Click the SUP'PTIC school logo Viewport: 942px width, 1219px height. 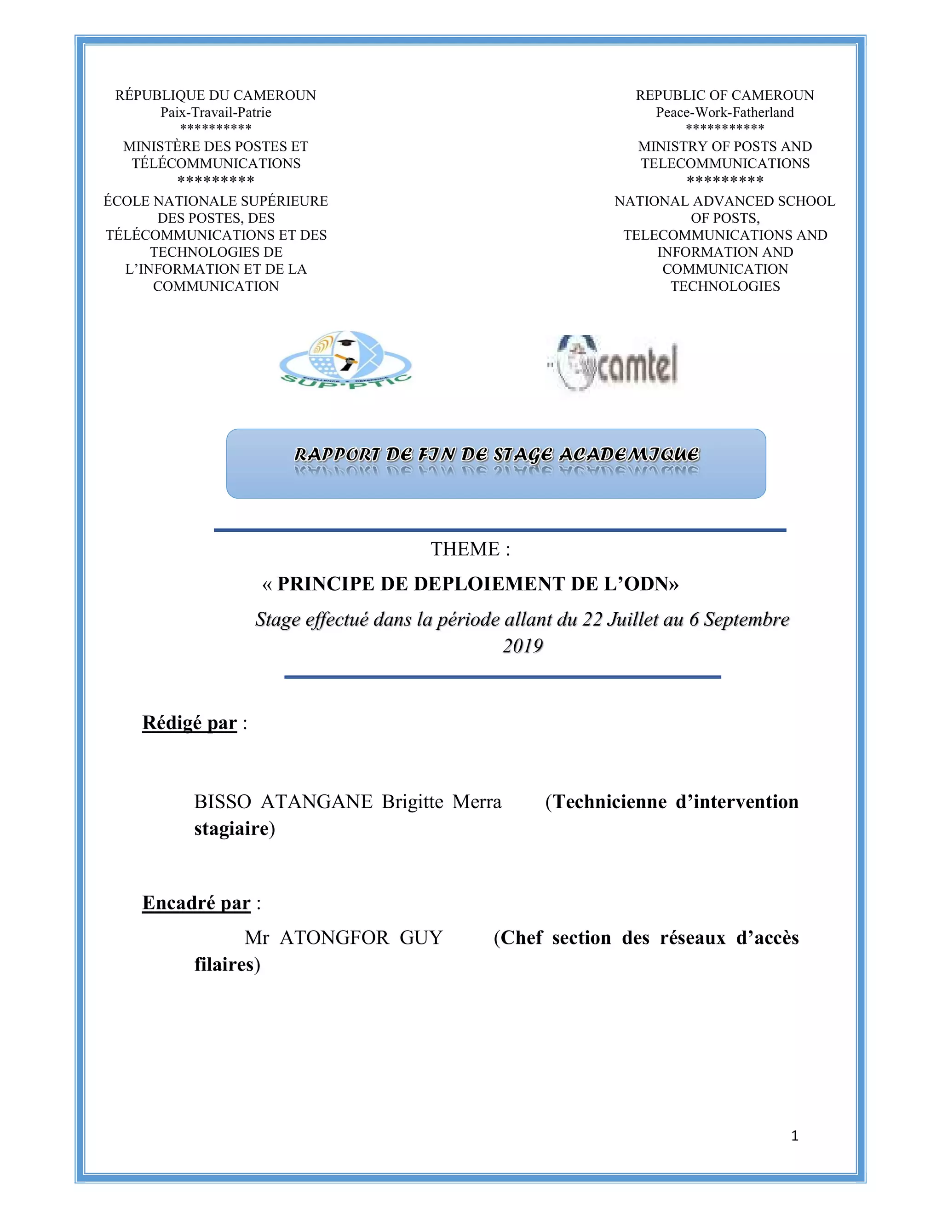tap(345, 360)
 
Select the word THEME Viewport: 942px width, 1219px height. tap(465, 549)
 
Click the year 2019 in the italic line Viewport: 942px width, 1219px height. tap(523, 646)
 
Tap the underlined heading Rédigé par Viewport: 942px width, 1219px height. tap(190, 723)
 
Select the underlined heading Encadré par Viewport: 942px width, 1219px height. tap(196, 903)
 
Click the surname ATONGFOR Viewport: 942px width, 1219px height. tap(334, 937)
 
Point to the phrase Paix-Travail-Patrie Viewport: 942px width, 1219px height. tap(216, 112)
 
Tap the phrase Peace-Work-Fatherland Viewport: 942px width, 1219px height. tap(725, 112)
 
